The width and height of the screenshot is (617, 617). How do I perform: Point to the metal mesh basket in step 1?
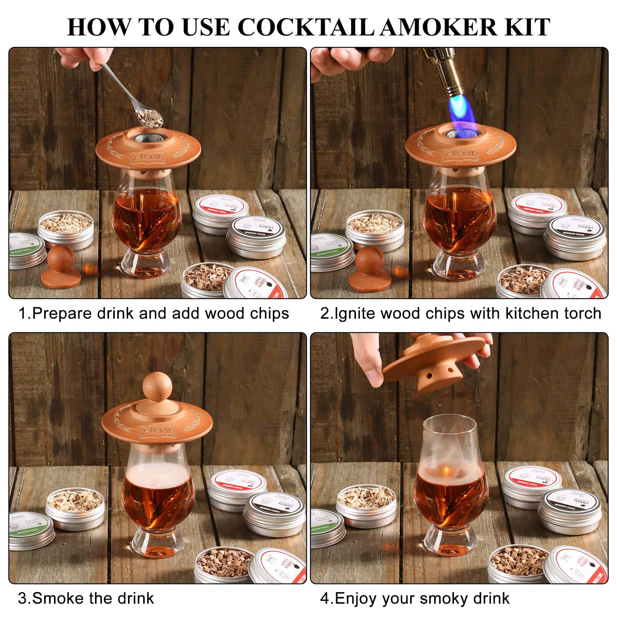147,138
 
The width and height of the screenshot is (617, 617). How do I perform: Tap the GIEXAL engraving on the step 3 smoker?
158,429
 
